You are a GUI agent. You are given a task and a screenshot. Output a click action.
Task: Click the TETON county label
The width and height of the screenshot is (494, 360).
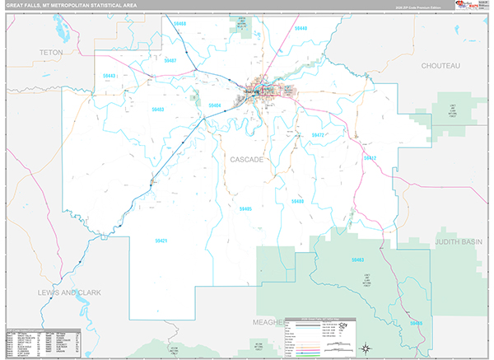51,52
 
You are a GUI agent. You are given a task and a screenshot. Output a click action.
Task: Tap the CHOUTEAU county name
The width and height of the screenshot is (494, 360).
440,65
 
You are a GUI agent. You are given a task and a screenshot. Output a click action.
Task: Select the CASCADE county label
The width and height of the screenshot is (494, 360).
246,159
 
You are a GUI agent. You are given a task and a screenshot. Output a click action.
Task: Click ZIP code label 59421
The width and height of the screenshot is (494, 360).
161,241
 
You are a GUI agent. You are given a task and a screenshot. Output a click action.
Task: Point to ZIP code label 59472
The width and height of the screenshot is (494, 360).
319,134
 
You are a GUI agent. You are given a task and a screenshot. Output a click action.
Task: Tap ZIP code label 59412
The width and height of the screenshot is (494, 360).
370,157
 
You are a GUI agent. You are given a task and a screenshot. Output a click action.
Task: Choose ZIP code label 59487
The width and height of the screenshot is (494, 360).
170,61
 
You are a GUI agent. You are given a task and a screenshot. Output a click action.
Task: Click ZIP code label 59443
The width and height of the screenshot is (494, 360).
110,76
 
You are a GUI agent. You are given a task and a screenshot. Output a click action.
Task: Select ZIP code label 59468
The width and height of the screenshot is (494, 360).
180,25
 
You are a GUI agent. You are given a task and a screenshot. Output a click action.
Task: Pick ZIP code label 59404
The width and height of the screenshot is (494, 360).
215,105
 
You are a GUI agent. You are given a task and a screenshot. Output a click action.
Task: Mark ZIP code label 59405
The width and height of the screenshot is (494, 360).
245,209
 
